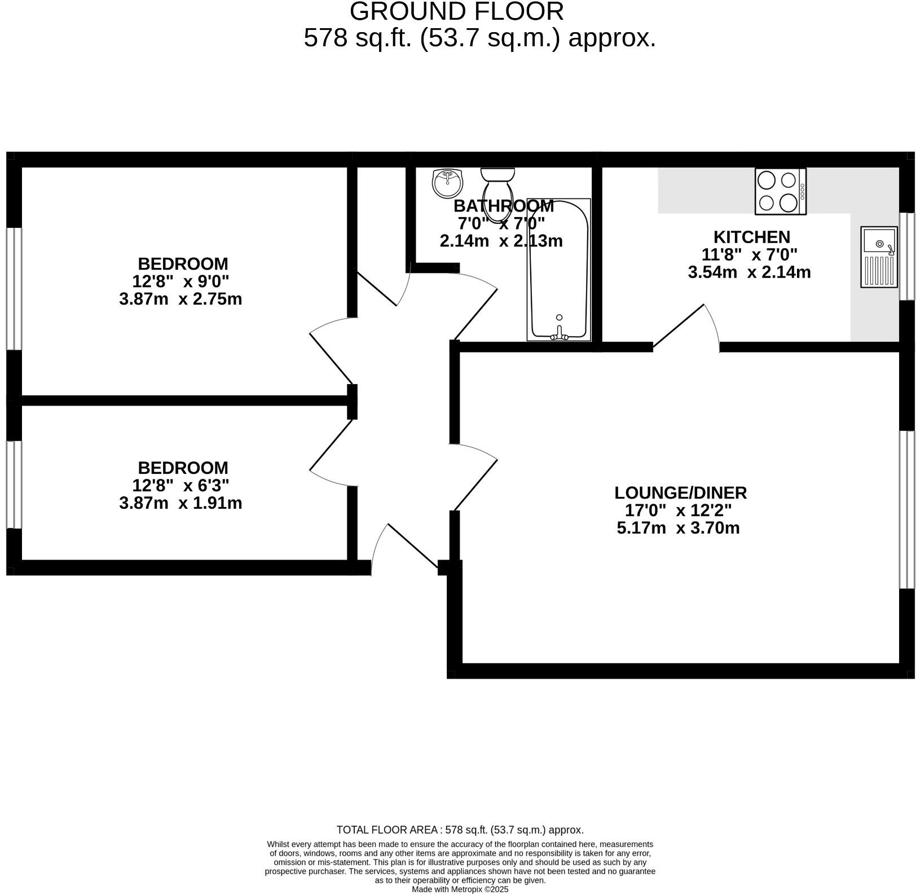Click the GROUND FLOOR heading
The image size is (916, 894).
pyautogui.click(x=456, y=12)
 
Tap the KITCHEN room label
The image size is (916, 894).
pyautogui.click(x=751, y=237)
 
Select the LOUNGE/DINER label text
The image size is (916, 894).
pyautogui.click(x=680, y=493)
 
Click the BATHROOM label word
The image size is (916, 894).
pyautogui.click(x=503, y=206)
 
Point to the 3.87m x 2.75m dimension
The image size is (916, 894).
pyautogui.click(x=180, y=299)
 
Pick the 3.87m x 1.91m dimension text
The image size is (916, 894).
pyautogui.click(x=180, y=503)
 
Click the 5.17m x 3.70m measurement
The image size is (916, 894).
pyautogui.click(x=678, y=529)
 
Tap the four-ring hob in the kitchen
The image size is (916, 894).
pyautogui.click(x=780, y=192)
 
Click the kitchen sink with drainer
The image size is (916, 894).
pyautogui.click(x=878, y=257)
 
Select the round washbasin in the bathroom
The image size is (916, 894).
pyautogui.click(x=447, y=183)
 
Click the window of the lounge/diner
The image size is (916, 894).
pyautogui.click(x=906, y=509)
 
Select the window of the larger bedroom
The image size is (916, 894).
pyautogui.click(x=14, y=288)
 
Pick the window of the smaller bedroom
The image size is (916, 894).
pyautogui.click(x=14, y=484)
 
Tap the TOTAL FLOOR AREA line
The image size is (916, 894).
pyautogui.click(x=460, y=830)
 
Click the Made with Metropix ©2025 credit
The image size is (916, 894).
pyautogui.click(x=460, y=889)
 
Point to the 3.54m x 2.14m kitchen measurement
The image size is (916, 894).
pyautogui.click(x=749, y=272)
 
